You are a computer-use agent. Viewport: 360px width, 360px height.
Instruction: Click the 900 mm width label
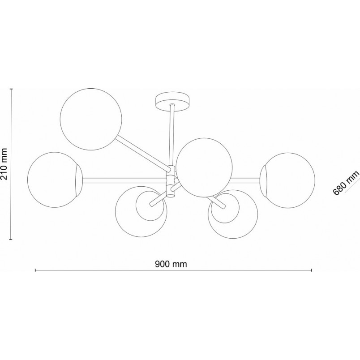point(171,264)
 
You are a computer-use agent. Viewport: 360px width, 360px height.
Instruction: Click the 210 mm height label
point(4,164)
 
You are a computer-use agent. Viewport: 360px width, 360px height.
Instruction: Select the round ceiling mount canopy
point(172,102)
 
